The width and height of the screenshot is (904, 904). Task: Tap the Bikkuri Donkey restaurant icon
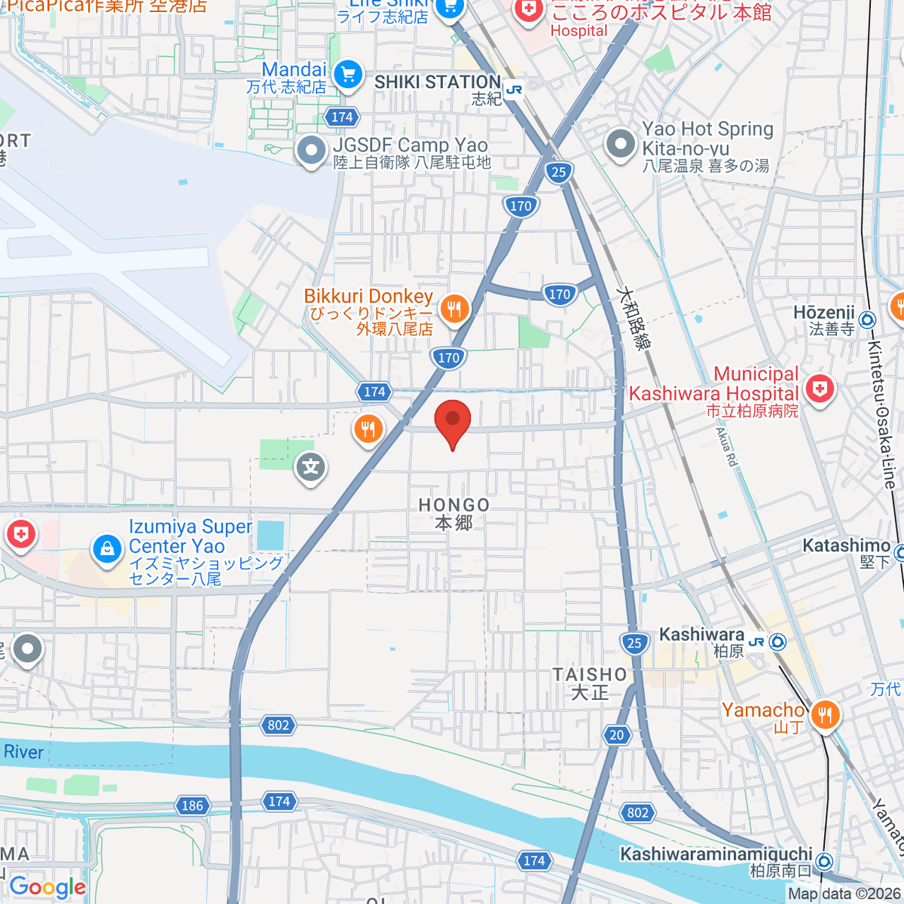tap(454, 309)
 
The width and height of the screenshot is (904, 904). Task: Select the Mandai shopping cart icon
tap(347, 75)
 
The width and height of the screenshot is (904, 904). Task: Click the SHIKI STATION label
tap(437, 82)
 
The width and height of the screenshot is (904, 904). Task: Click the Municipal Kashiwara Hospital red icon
tap(819, 389)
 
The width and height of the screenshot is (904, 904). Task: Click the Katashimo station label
tap(846, 545)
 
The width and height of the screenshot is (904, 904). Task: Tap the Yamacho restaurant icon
tap(825, 715)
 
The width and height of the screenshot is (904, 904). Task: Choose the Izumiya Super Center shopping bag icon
tap(107, 549)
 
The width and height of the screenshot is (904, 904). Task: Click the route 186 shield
tap(192, 805)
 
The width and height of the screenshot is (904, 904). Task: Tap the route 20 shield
tap(617, 734)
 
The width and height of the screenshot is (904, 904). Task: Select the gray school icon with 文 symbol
tap(310, 468)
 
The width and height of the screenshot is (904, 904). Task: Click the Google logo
tap(47, 887)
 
